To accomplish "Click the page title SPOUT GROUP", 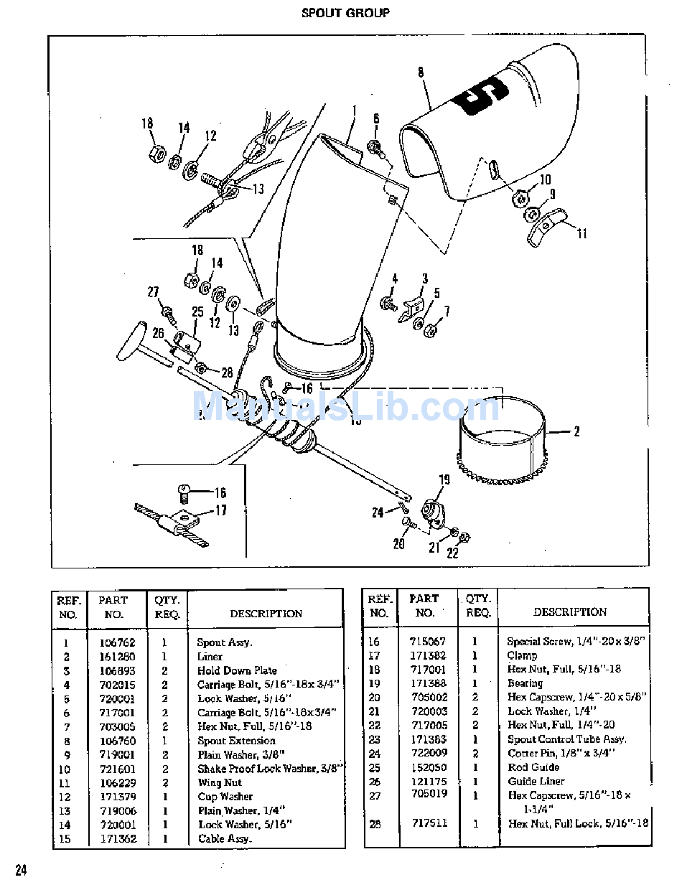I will (345, 13).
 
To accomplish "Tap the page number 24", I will (21, 871).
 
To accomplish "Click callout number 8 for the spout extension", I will (420, 72).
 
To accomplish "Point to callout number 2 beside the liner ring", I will (576, 432).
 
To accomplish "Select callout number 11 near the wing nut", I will (581, 233).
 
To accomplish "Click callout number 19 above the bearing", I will (444, 480).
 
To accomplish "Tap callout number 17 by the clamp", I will (221, 510).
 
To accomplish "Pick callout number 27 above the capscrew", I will (153, 292).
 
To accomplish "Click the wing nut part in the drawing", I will (546, 226).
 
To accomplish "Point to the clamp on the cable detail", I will (176, 527).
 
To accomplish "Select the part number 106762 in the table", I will (117, 643).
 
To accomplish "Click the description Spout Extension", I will (236, 741).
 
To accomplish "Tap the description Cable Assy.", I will (225, 838).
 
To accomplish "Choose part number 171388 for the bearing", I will (428, 683).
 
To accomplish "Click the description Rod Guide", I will (533, 767).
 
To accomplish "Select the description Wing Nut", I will (220, 783).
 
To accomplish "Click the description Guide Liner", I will (536, 781).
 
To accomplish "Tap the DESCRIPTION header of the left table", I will (266, 614).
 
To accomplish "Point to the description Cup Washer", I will (225, 797).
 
